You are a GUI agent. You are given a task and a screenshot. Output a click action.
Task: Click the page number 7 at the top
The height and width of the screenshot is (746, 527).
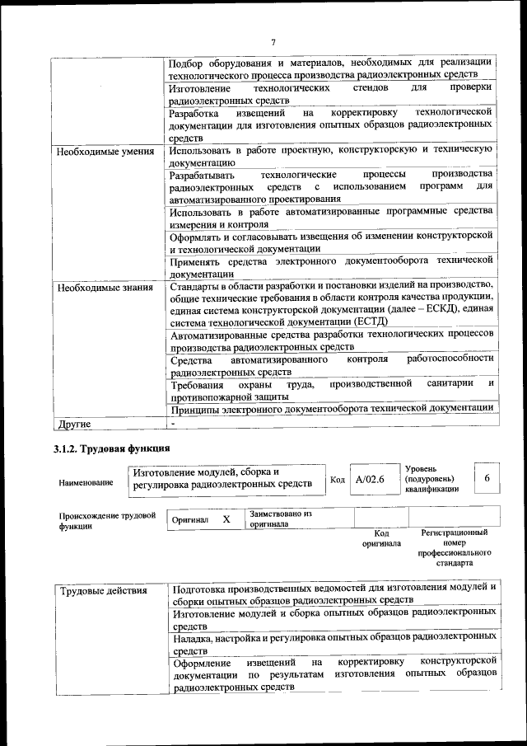click(x=273, y=43)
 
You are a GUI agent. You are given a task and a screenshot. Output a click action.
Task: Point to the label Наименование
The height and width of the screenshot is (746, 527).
click(x=86, y=482)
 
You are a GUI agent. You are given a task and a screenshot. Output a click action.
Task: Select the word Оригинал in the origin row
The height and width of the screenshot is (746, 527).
click(x=190, y=521)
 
